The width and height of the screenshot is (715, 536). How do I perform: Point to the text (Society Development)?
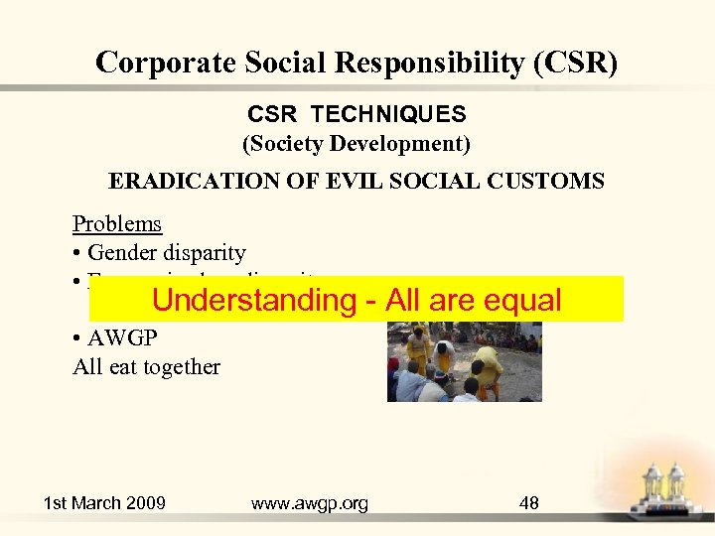[x=357, y=144]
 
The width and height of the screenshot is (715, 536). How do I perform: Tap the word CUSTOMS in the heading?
[x=552, y=182]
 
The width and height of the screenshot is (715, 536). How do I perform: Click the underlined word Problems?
[x=116, y=224]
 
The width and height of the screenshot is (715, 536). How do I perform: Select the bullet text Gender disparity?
[x=166, y=253]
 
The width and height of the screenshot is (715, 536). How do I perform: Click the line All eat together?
[x=146, y=367]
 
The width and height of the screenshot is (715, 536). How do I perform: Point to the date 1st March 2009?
[x=104, y=503]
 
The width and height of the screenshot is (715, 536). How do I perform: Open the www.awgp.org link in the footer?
[x=309, y=503]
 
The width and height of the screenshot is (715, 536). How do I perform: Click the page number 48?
[x=529, y=503]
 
